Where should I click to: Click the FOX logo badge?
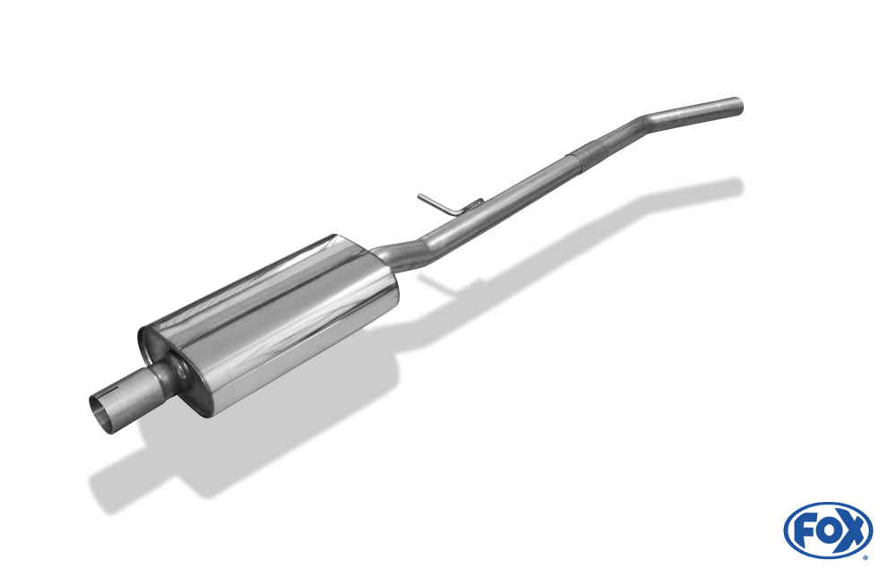tap(827, 530)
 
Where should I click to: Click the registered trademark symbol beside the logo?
tap(866, 556)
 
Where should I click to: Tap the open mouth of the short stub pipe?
tap(103, 414)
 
